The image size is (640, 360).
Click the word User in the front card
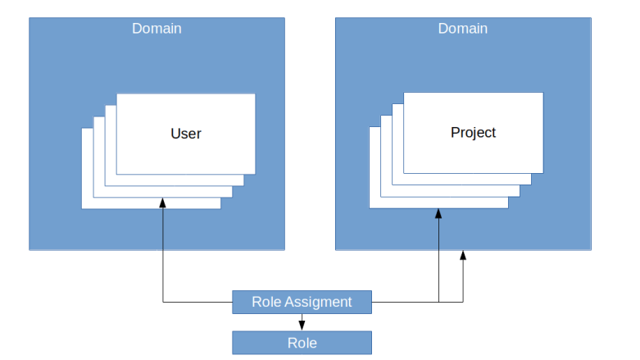[186, 134]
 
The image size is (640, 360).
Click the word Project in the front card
[473, 132]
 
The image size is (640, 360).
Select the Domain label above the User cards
[157, 29]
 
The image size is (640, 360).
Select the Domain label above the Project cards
[462, 29]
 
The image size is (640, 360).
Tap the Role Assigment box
[302, 302]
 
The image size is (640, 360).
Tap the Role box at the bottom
[302, 343]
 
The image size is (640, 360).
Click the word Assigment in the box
[320, 302]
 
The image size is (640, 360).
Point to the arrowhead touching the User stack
[163, 203]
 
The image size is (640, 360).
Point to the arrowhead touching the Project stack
[438, 215]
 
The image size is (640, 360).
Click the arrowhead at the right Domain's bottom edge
[463, 256]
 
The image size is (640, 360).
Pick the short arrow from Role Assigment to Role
[302, 322]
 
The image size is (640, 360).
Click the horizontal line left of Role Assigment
[197, 302]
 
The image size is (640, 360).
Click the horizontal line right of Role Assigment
[406, 302]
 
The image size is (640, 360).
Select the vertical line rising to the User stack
[163, 254]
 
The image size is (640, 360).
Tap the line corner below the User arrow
[164, 302]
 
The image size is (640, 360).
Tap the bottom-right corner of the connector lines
[463, 302]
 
